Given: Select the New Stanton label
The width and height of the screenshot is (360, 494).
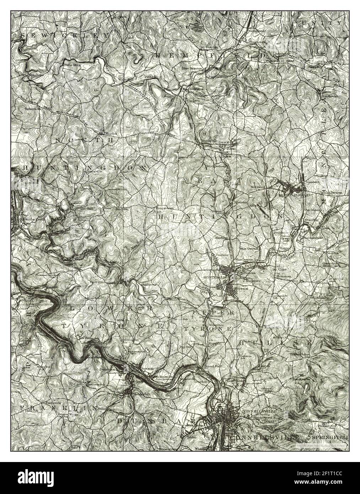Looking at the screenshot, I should click(192, 68).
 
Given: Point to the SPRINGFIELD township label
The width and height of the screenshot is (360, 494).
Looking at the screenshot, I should click(329, 436).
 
